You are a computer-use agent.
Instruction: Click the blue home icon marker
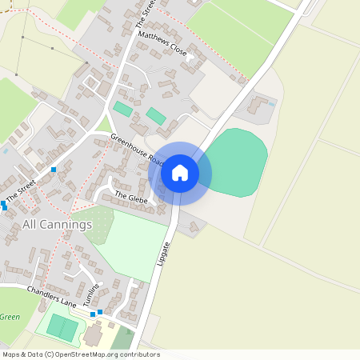(180, 173)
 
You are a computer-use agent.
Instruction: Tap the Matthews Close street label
(162, 44)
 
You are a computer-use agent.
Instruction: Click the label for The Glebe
(131, 196)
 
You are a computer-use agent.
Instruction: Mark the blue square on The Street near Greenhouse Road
(54, 170)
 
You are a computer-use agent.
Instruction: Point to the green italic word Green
(10, 317)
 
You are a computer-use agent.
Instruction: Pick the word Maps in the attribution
(11, 354)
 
